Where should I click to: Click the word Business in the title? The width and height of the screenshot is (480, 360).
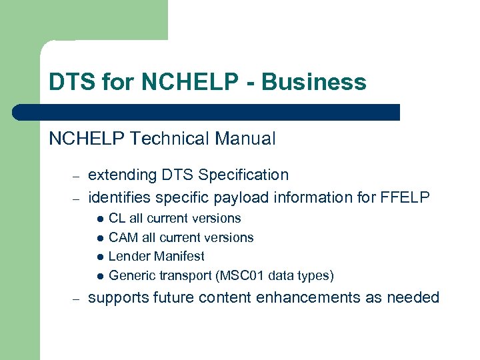[x=314, y=82]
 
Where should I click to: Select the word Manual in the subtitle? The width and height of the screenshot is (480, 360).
[x=243, y=139]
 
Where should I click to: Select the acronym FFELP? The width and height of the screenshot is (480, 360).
[x=407, y=197]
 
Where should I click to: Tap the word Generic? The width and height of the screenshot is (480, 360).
[x=130, y=275]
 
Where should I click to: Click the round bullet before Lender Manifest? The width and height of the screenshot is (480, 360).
[x=99, y=257]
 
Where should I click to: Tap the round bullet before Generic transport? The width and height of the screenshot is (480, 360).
[x=99, y=276]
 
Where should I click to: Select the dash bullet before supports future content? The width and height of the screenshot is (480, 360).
[x=76, y=299]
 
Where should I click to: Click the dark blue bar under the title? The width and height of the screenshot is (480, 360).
[x=207, y=112]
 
